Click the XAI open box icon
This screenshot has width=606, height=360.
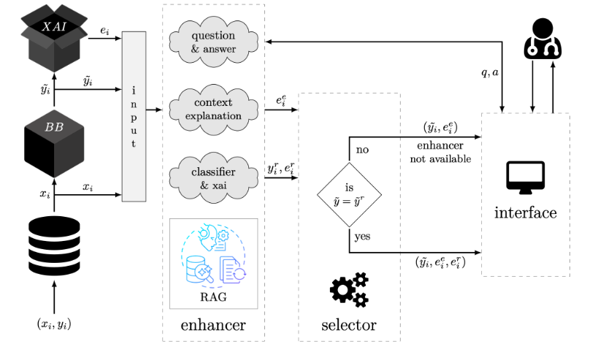click(54, 37)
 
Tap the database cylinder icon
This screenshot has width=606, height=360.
click(54, 246)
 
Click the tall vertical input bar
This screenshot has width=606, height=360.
click(134, 116)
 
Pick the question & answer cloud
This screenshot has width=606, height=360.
click(214, 42)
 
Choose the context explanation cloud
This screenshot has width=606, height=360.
click(214, 110)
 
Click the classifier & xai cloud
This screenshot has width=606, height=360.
click(214, 178)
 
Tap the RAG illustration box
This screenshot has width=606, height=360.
click(214, 264)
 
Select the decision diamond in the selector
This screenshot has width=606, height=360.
click(350, 194)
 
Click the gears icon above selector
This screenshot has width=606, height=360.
click(350, 290)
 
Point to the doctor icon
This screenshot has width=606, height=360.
click(542, 39)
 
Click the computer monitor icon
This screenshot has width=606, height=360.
click(526, 177)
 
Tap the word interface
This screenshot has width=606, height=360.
click(526, 212)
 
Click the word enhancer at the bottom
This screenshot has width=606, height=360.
click(213, 325)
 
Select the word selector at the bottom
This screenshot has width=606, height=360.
click(349, 325)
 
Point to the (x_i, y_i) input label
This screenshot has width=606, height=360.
click(54, 323)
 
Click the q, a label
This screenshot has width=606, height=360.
click(490, 72)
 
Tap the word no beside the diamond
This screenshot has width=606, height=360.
click(362, 150)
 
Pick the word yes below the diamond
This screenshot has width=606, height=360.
click(363, 237)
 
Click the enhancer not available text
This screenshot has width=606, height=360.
click(440, 152)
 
